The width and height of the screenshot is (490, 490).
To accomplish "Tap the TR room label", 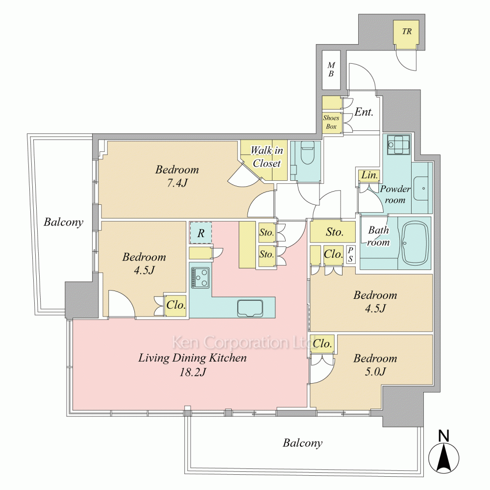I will coord(407,32).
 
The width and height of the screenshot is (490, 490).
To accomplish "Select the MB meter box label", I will coord(331,69).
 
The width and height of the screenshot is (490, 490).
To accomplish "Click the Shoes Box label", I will coord(331,122).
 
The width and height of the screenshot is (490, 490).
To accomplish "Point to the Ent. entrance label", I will coord(364,112).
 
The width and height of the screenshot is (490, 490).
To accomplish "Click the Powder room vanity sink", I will coord(422,187).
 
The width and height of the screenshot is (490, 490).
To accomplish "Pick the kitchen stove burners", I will coord(200,278).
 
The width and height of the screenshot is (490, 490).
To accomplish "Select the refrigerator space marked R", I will coord(201,233).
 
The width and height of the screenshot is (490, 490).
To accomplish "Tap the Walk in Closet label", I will coord(267,156).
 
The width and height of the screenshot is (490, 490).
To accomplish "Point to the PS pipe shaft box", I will coord(350,254).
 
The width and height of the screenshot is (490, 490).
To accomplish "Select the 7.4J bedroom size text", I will coord(177,183).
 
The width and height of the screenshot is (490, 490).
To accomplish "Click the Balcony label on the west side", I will coord(63,222).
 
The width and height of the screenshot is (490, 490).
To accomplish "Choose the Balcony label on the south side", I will coord(302,443).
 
